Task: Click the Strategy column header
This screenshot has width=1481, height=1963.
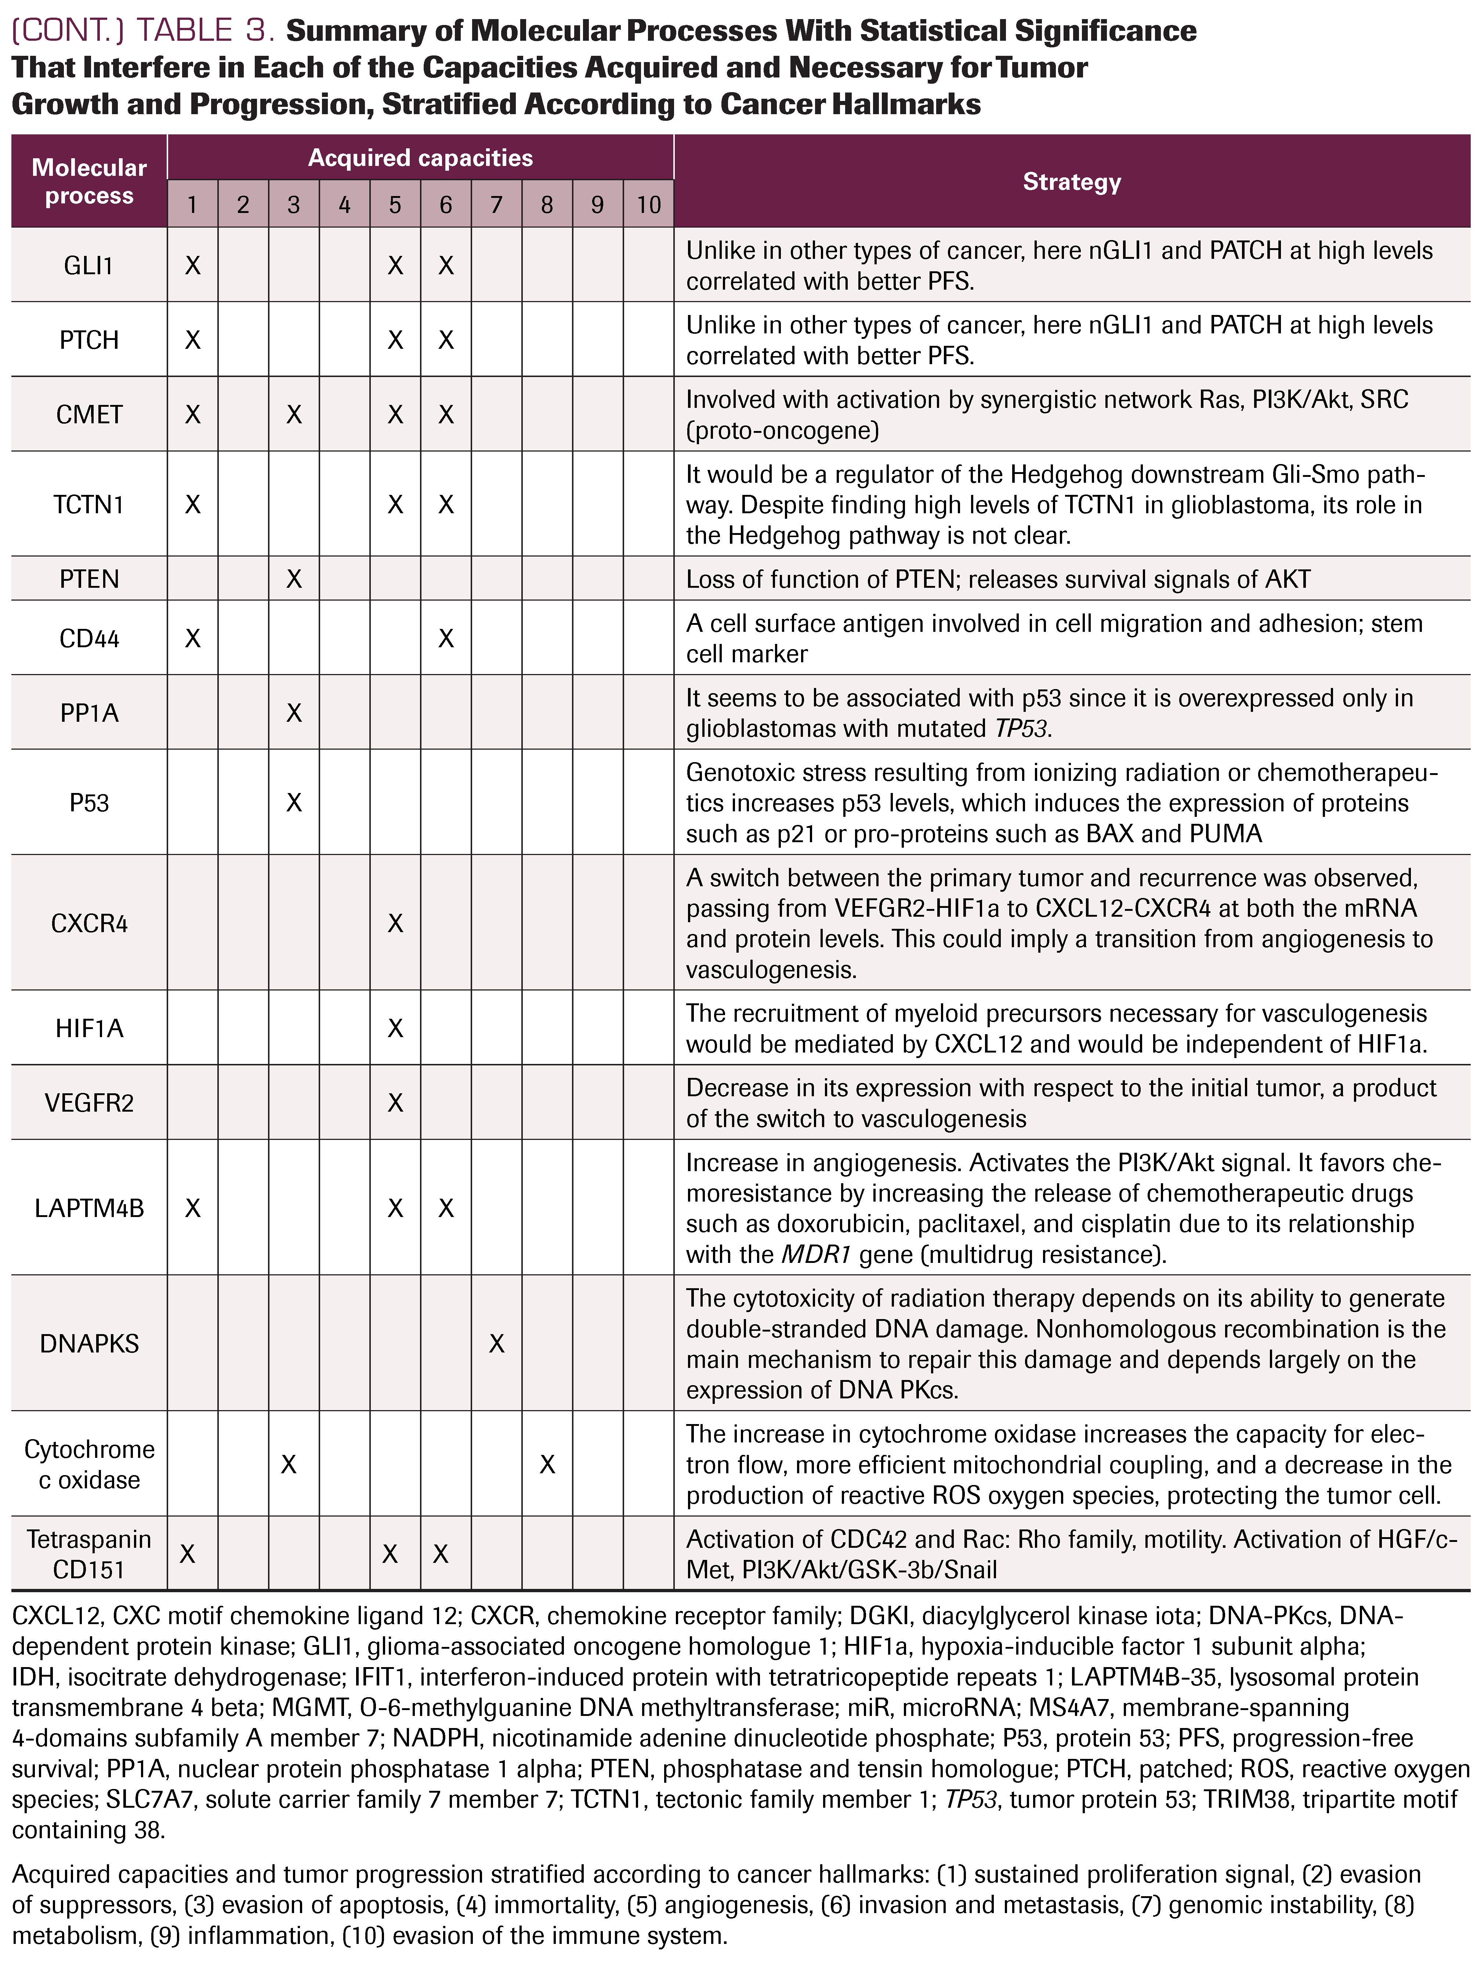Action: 1071,182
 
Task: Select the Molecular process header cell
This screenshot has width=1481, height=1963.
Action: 89,182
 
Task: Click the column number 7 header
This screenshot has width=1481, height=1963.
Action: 496,205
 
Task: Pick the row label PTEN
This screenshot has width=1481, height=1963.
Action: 89,579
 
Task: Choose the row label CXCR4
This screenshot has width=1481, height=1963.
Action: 89,924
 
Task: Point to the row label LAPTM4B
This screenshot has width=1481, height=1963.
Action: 89,1209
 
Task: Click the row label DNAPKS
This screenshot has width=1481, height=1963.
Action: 89,1344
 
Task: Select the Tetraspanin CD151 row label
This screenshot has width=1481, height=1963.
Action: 89,1554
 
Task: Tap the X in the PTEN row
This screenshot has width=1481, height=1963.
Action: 294,579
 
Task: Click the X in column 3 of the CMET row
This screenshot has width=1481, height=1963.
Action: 294,414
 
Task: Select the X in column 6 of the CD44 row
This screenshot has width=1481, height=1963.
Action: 445,639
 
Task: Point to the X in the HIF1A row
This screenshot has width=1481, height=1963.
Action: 395,1029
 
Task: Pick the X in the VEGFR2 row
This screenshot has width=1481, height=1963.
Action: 395,1103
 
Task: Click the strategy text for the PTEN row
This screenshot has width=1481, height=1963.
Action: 997,579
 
